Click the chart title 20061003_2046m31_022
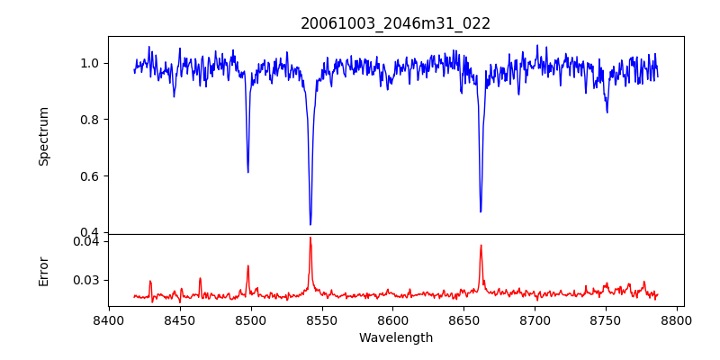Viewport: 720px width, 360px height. click(396, 23)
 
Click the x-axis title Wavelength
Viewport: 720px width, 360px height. click(396, 338)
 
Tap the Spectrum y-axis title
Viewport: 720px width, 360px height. click(44, 136)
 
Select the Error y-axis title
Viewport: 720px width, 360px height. click(44, 271)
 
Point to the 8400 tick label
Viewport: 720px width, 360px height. click(109, 320)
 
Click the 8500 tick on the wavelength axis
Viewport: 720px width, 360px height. click(251, 320)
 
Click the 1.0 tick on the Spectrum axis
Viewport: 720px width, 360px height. click(92, 63)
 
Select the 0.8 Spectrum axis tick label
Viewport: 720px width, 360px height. click(92, 120)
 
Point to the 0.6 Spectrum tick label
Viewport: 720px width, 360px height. click(92, 176)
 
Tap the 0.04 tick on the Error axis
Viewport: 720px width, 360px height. click(89, 241)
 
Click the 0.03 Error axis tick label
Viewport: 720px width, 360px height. click(89, 280)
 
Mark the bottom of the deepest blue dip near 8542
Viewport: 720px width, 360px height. click(310, 224)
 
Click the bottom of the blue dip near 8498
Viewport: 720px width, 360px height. click(248, 172)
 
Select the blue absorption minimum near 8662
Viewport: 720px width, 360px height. click(481, 211)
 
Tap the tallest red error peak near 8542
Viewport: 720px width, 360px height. click(310, 238)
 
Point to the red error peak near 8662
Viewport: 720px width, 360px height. click(481, 245)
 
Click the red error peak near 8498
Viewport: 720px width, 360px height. click(248, 265)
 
